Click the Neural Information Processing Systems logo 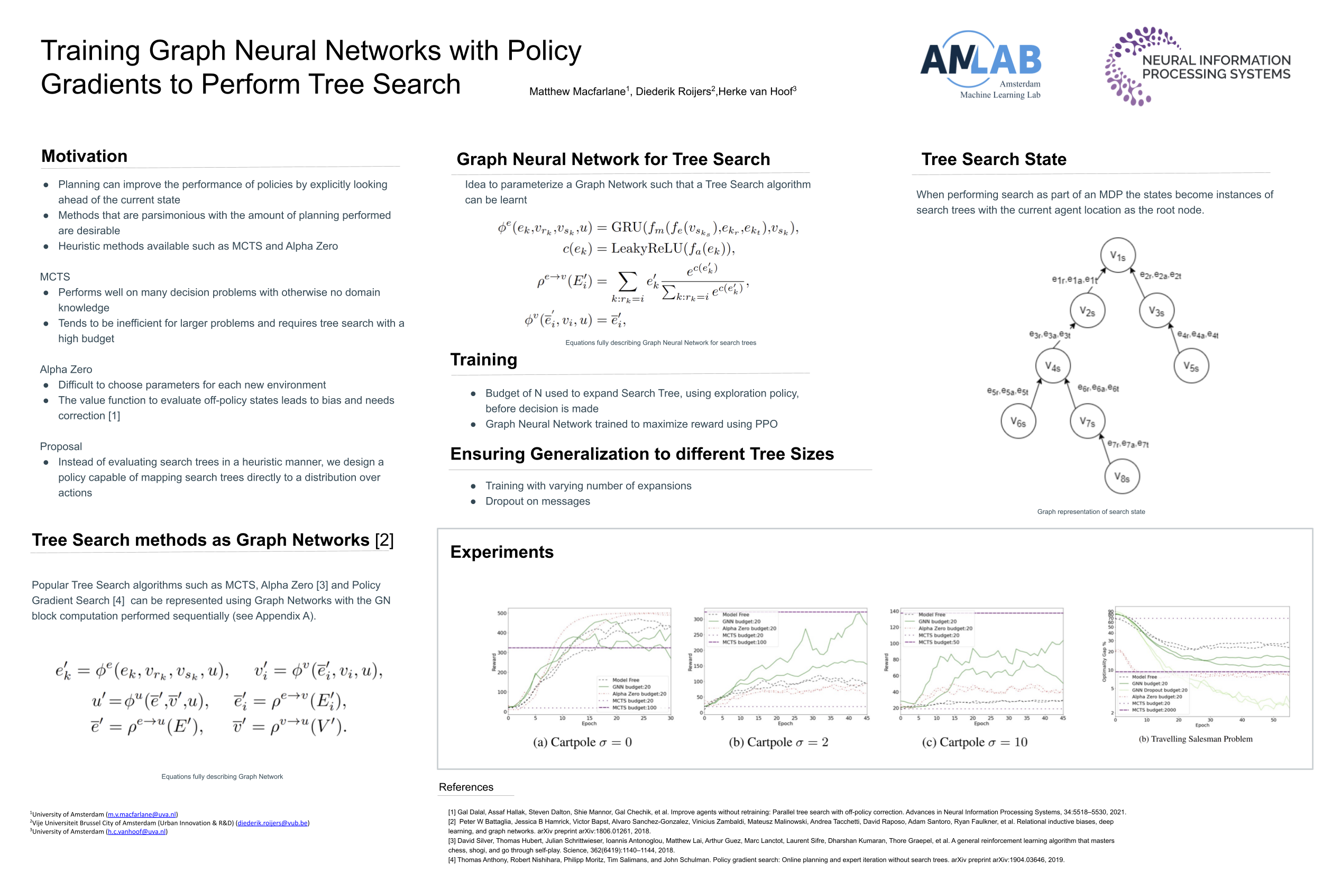pos(1197,66)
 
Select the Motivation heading pos(84,155)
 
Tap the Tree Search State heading pos(993,159)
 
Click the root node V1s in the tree pos(1117,255)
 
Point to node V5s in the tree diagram pos(1190,366)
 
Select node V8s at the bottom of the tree pos(1122,477)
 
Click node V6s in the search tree pos(1018,421)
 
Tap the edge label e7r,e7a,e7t pos(1127,444)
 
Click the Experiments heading pos(502,552)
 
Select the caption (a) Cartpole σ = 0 pos(582,742)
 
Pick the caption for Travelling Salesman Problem pos(1195,739)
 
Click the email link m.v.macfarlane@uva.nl pos(142,814)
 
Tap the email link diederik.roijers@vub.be pos(272,823)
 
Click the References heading pos(466,787)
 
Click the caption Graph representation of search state pos(1090,512)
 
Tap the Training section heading pos(484,360)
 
